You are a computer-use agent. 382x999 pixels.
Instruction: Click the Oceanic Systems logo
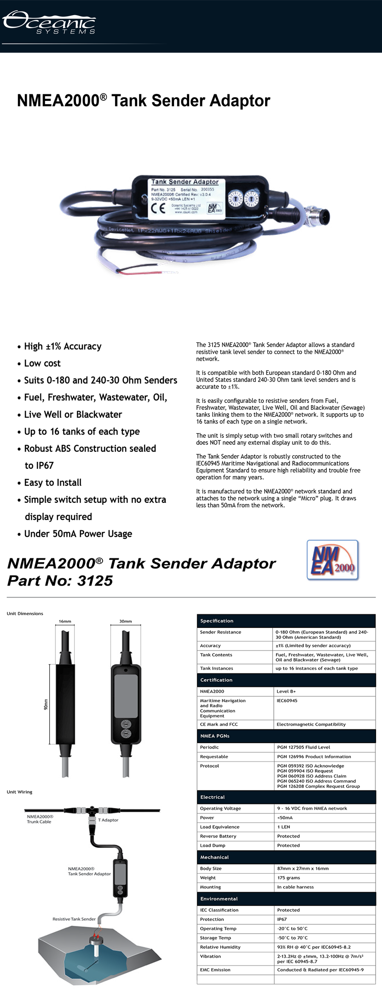tap(49, 22)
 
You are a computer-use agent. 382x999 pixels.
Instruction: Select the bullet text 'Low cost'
tap(42, 363)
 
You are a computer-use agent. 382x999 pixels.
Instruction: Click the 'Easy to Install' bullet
tap(53, 482)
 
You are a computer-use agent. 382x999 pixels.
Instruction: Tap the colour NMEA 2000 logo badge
tap(332, 560)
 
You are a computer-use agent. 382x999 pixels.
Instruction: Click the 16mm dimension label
tap(65, 621)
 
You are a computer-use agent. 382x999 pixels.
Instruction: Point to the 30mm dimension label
tap(126, 621)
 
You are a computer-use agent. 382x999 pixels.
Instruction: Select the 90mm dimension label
tap(46, 704)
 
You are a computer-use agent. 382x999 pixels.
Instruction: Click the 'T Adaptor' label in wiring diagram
tap(108, 820)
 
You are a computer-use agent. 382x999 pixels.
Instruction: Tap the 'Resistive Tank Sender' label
tap(74, 919)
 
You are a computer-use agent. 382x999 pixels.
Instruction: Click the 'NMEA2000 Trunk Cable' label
tap(40, 819)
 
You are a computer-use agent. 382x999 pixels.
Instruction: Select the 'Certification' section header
tap(216, 680)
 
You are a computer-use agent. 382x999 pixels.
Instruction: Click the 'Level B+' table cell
tap(286, 691)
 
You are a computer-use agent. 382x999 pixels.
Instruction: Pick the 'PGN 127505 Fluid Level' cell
tap(303, 747)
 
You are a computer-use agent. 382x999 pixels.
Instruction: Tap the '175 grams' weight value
tap(289, 877)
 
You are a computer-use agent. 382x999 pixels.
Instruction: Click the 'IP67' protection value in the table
tap(282, 919)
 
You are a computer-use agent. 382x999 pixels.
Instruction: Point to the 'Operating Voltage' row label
tap(220, 808)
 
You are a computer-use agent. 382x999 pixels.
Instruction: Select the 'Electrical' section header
tap(213, 797)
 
